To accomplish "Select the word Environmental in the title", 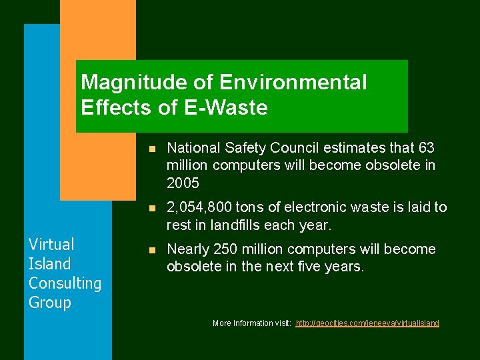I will (x=293, y=83).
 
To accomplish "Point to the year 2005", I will (x=183, y=183).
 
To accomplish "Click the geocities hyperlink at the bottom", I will (x=367, y=323).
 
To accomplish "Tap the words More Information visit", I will (x=251, y=323).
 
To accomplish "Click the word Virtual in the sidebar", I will (x=51, y=244).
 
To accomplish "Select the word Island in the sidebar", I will (x=49, y=263).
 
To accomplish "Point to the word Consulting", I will (x=65, y=283).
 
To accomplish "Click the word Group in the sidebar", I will (x=49, y=302).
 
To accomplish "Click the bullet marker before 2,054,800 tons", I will (x=153, y=209).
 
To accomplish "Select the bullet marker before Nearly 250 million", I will (x=153, y=251).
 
